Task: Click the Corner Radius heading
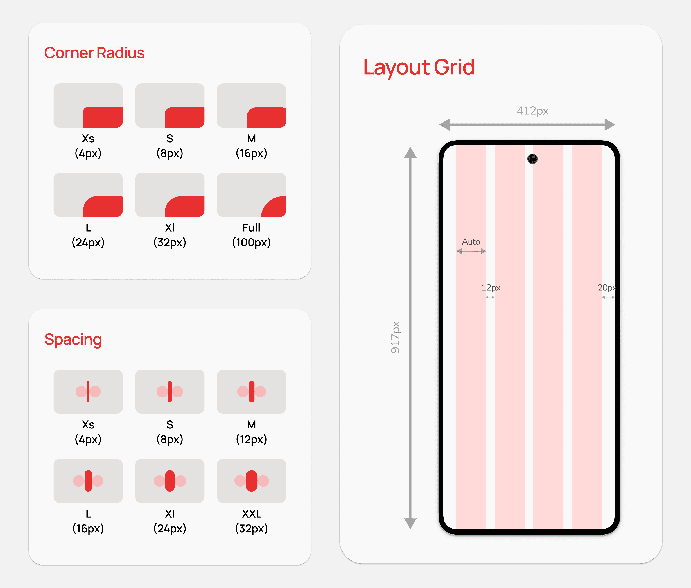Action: pos(94,53)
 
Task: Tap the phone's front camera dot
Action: pos(532,159)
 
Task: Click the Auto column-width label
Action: pos(471,242)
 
